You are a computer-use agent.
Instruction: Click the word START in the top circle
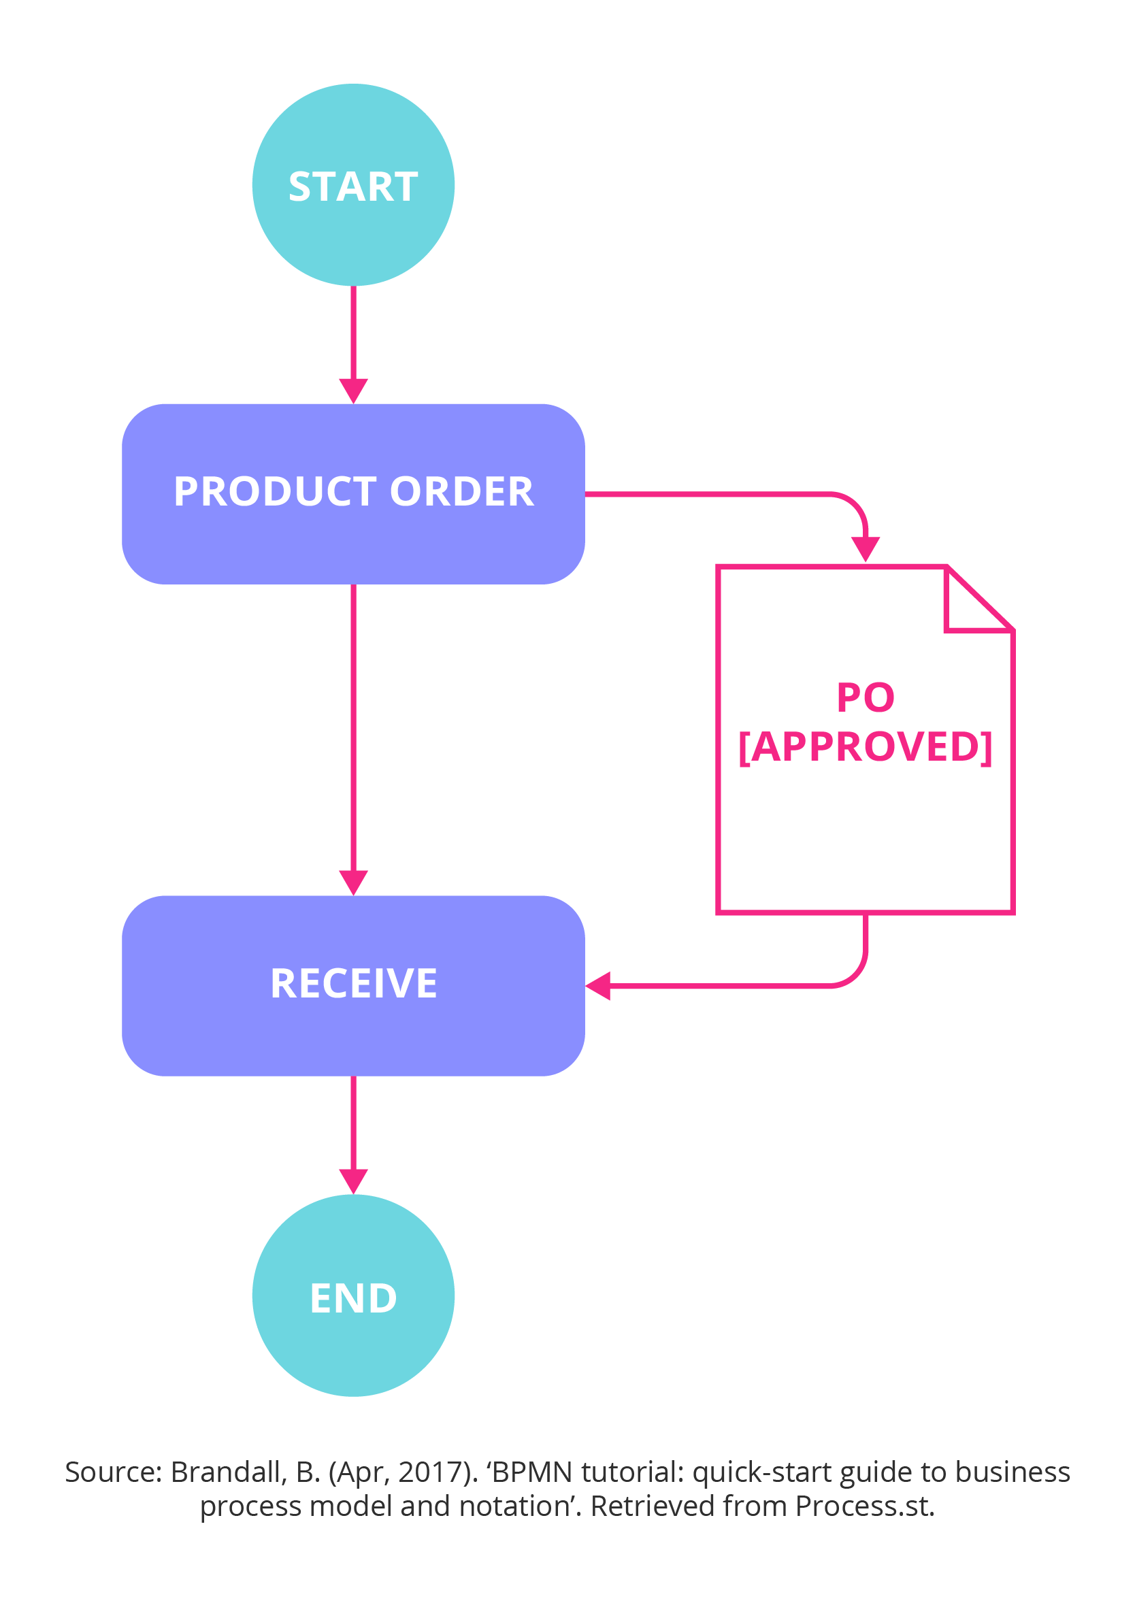click(x=353, y=187)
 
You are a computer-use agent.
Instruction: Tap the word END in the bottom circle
click(x=353, y=1298)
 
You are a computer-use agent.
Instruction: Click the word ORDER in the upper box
click(x=461, y=491)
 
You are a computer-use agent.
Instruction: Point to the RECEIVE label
click(x=353, y=984)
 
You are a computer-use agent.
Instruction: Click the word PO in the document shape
click(x=866, y=697)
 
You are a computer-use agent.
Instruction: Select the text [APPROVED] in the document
click(x=866, y=746)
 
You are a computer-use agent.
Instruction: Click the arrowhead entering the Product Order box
click(x=353, y=390)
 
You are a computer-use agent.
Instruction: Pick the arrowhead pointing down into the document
click(x=866, y=548)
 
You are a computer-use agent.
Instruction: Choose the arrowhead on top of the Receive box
click(x=353, y=882)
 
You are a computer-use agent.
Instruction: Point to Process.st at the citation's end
click(x=865, y=1506)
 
